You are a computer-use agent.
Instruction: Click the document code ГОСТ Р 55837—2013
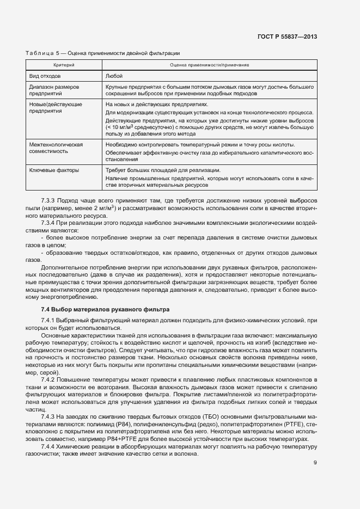[288, 36]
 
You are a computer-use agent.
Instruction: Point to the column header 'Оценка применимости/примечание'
[209, 65]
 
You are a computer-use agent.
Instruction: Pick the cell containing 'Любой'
[114, 76]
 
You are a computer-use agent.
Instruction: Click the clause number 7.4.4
[49, 447]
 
